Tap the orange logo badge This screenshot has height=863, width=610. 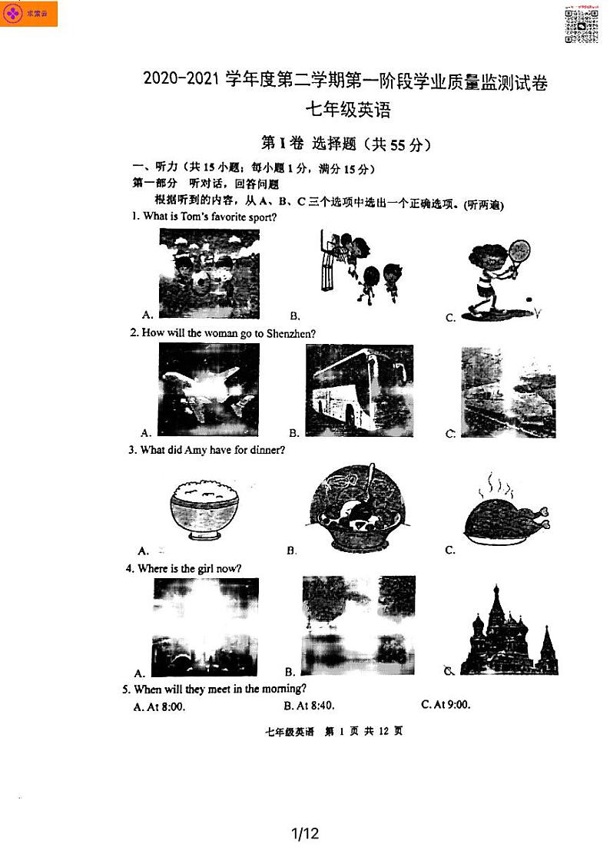(29, 14)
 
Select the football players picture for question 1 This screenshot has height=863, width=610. (209, 273)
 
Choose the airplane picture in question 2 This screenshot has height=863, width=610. (208, 390)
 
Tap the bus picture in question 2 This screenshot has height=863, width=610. (359, 390)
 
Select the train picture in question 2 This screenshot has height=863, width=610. (508, 393)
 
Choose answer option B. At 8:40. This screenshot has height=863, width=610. (309, 706)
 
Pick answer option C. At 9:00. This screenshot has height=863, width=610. (446, 705)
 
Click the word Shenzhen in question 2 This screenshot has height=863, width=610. (290, 333)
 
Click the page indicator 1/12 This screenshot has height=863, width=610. (305, 833)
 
